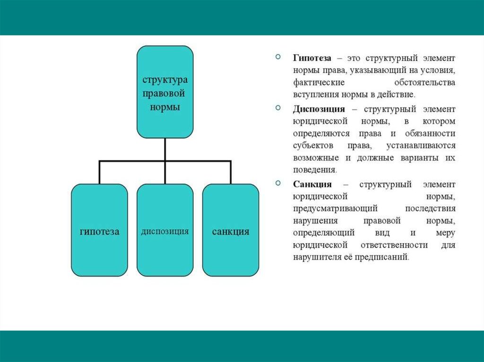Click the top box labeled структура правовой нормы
click(165, 92)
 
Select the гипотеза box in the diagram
click(99, 230)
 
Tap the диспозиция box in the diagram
click(165, 230)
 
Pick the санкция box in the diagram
click(231, 230)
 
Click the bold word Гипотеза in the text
click(312, 58)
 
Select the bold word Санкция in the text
click(312, 184)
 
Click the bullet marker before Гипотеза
click(278, 58)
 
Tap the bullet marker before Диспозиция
click(278, 109)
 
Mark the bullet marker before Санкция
click(278, 183)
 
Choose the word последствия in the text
click(430, 208)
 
